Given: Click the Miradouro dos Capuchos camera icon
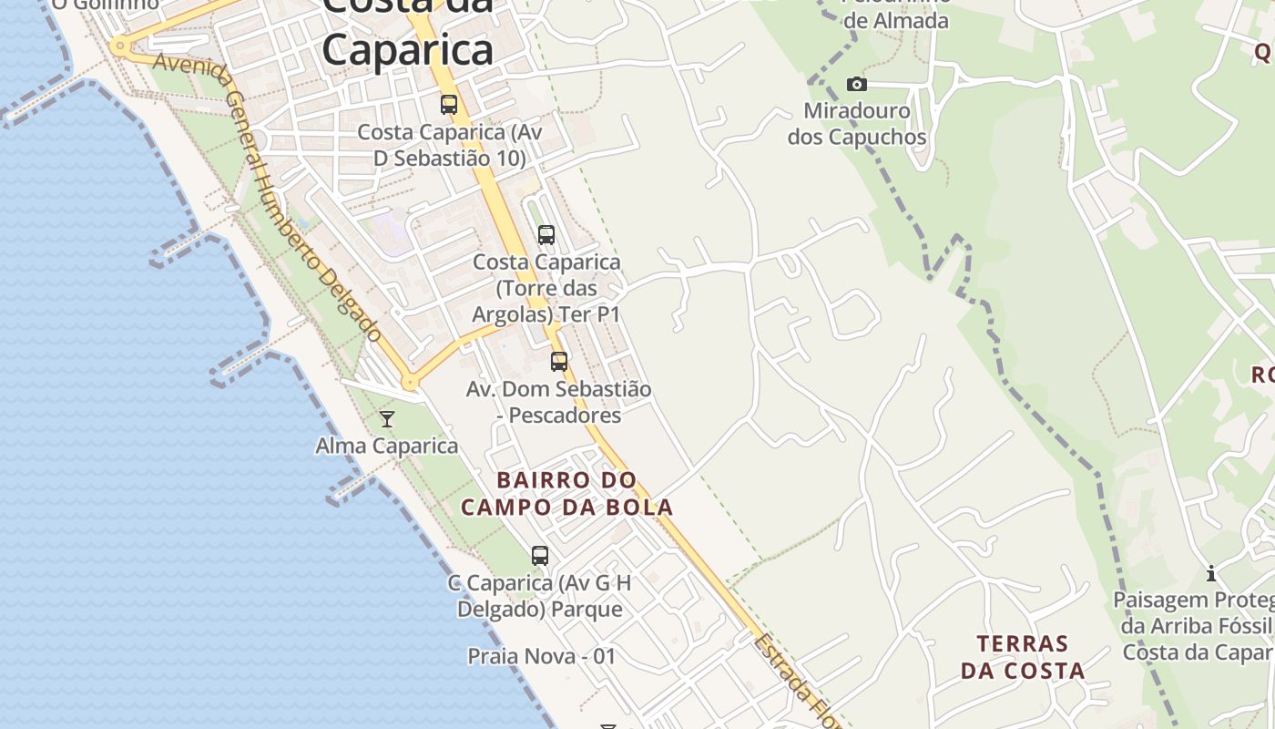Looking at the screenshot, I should click(856, 85).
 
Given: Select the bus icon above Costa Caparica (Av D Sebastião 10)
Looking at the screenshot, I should click(449, 105).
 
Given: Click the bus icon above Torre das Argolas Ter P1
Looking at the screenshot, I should click(546, 235).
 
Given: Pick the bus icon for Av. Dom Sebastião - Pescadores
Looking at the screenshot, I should click(559, 362).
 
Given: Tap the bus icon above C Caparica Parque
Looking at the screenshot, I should click(540, 555).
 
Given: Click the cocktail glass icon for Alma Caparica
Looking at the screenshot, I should click(387, 419).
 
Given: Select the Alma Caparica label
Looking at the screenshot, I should click(386, 446).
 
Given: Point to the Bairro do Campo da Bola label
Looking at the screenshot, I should click(566, 493).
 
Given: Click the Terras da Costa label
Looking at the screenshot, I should click(1023, 657).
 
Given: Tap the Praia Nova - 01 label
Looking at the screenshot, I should click(542, 656).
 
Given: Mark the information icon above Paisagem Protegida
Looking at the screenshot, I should click(1211, 573).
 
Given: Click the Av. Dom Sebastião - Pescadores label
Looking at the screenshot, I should click(559, 402).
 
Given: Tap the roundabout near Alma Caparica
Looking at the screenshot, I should click(410, 383).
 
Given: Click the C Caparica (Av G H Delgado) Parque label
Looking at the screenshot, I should click(540, 596).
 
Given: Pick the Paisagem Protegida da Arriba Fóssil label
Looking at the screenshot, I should click(1194, 626).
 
